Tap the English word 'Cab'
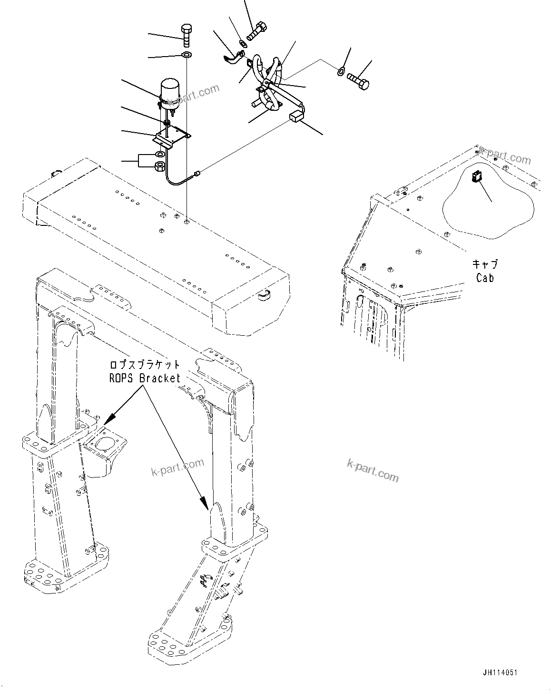(x=485, y=277)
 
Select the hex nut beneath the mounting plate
(x=160, y=166)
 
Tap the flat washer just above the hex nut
(x=160, y=155)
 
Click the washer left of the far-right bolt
(x=341, y=72)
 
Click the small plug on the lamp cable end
(x=196, y=175)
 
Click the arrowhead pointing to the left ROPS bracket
(x=109, y=418)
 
